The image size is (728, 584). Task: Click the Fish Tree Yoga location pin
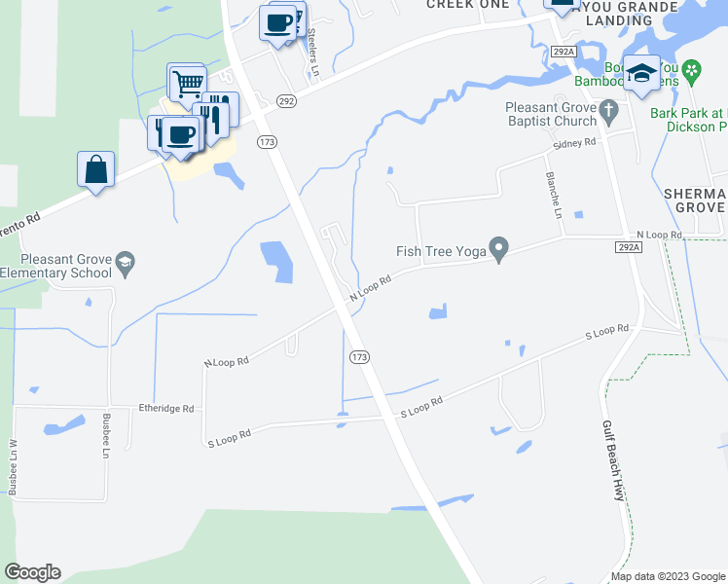499,250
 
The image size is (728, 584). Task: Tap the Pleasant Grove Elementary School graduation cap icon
125,263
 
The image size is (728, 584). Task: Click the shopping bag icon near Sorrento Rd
96,169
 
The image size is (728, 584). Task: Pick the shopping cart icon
186,83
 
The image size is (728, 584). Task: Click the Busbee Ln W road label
15,468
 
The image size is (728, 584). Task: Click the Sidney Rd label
573,143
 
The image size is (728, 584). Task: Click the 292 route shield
285,100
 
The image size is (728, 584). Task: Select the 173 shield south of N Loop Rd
359,357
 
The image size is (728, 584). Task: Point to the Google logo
32,572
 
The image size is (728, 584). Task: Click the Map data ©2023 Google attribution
667,576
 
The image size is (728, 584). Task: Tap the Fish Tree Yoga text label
440,251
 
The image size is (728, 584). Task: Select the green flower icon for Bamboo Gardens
692,70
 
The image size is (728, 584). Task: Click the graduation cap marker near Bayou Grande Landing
641,73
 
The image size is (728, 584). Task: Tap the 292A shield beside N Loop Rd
629,248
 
